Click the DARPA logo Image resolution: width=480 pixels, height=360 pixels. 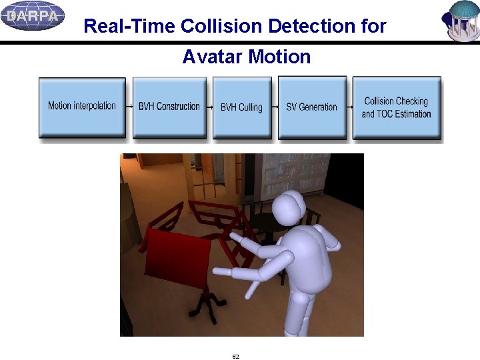click(32, 15)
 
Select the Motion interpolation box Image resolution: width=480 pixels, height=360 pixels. click(82, 107)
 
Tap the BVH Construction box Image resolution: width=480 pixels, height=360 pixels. click(169, 107)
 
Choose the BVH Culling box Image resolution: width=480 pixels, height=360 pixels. click(241, 107)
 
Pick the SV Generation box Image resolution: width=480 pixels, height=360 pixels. click(311, 107)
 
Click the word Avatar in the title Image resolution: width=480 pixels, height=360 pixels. click(213, 57)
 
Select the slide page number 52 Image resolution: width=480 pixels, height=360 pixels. click(235, 357)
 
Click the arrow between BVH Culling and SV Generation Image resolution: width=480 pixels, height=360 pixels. click(275, 107)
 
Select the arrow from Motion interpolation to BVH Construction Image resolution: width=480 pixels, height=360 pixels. click(129, 107)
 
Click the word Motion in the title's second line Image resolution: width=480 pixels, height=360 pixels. click(279, 57)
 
